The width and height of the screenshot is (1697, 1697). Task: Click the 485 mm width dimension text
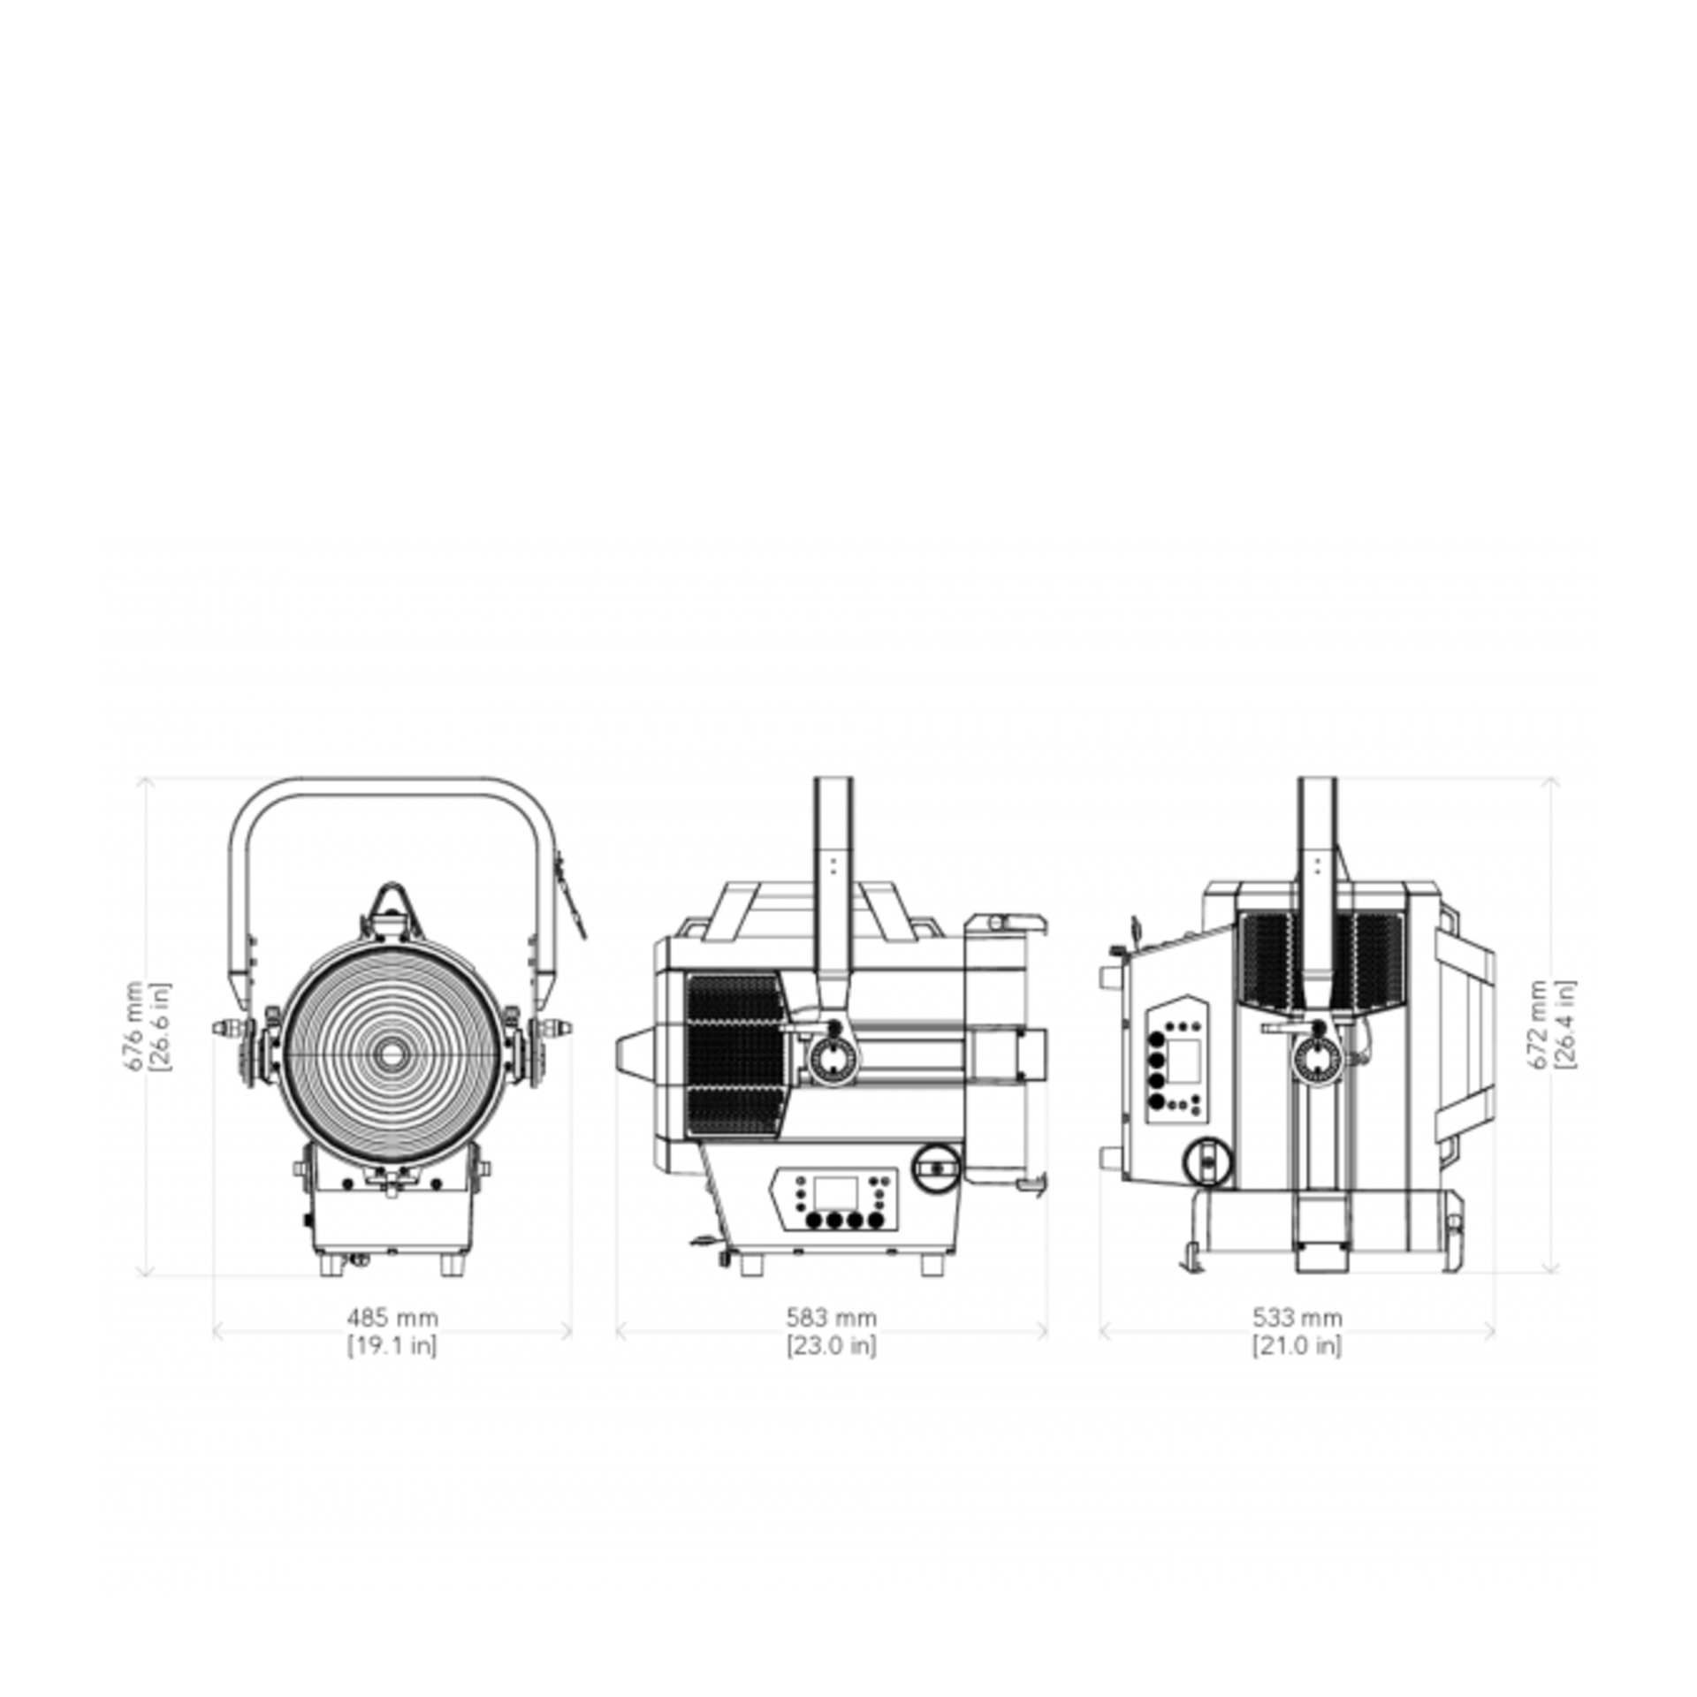tap(392, 1318)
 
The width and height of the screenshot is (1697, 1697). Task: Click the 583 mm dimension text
tap(831, 1318)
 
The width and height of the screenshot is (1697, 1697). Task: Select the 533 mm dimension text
tap(1297, 1318)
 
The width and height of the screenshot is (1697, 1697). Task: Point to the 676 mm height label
tap(133, 1025)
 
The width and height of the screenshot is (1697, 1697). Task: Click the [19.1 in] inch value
tap(392, 1346)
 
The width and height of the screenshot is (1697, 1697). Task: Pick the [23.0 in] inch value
tap(831, 1346)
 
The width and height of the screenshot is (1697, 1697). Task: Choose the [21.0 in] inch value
tap(1297, 1346)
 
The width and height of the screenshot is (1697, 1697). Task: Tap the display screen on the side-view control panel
tap(835, 1193)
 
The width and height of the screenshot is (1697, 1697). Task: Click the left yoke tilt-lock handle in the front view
tap(228, 1029)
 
